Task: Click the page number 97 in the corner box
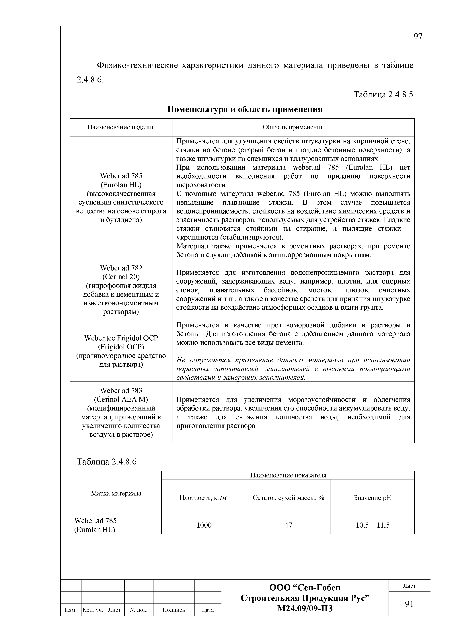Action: pyautogui.click(x=418, y=36)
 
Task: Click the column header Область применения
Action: pyautogui.click(x=293, y=127)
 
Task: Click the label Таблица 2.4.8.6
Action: pyautogui.click(x=107, y=462)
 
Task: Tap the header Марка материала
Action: pyautogui.click(x=116, y=493)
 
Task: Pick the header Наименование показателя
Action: pyautogui.click(x=288, y=475)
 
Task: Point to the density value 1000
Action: pyautogui.click(x=204, y=525)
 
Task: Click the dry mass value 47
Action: pyautogui.click(x=288, y=525)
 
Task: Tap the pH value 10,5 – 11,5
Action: pyautogui.click(x=372, y=525)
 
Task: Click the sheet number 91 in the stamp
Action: pyautogui.click(x=409, y=604)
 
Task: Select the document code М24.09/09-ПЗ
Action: pyautogui.click(x=305, y=608)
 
